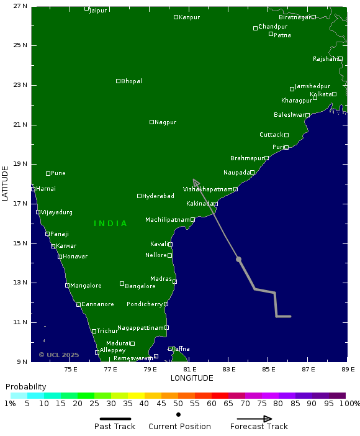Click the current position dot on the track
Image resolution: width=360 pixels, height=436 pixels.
[x=238, y=259]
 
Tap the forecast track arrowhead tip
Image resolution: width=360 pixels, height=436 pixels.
[x=194, y=179]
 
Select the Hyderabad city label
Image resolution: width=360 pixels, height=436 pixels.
[x=158, y=196]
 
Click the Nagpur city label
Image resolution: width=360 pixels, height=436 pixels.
[x=166, y=122]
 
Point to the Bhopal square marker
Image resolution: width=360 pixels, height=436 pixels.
[x=118, y=81]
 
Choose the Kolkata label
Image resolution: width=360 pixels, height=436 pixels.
[x=321, y=94]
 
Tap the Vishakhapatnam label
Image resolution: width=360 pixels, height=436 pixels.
[x=207, y=189]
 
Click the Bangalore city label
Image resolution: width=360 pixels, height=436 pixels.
[x=140, y=286]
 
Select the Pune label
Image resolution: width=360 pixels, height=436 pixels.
[x=58, y=173]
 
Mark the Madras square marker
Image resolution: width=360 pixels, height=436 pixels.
[x=174, y=282]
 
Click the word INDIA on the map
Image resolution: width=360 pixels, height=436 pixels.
[x=110, y=224]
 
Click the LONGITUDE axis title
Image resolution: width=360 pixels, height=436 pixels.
[x=192, y=378]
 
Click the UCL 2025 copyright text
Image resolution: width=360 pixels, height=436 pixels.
[x=59, y=355]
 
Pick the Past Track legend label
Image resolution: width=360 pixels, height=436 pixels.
[x=115, y=427]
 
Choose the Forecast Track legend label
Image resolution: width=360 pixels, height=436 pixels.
[x=259, y=427]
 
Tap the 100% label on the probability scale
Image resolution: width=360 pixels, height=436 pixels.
[x=348, y=404]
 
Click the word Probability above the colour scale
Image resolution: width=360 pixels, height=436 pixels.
[x=26, y=387]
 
